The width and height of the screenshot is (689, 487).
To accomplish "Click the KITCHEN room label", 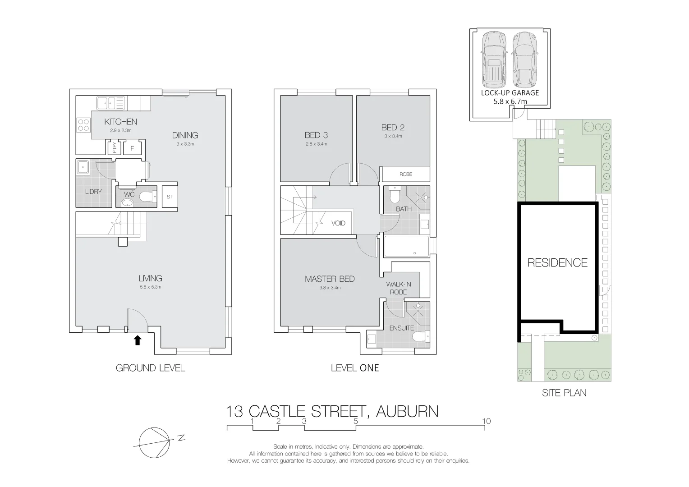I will [x=120, y=122].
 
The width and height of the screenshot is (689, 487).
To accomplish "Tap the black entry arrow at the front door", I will [x=138, y=340].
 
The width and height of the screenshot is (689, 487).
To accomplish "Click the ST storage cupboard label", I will [x=170, y=197].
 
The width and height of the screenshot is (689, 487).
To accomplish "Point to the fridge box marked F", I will [x=132, y=148].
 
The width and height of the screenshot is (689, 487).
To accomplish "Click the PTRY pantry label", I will [x=114, y=148].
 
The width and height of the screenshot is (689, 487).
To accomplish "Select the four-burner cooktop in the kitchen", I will [x=83, y=124].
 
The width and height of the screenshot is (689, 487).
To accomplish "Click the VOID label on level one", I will [x=338, y=223].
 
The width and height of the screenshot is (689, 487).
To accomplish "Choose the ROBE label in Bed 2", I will [x=405, y=174].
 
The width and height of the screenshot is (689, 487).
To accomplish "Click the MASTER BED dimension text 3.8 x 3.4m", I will [x=330, y=288].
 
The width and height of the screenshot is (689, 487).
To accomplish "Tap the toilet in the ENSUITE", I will [x=421, y=336].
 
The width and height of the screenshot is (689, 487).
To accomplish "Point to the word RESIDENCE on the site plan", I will [x=557, y=262].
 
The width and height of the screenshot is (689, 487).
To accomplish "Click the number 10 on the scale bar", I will [x=486, y=421].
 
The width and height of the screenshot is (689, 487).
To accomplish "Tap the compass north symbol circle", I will [x=154, y=442].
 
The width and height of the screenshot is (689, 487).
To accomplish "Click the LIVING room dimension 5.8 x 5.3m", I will [x=150, y=287].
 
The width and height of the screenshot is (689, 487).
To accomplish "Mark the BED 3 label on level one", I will [x=316, y=135].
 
